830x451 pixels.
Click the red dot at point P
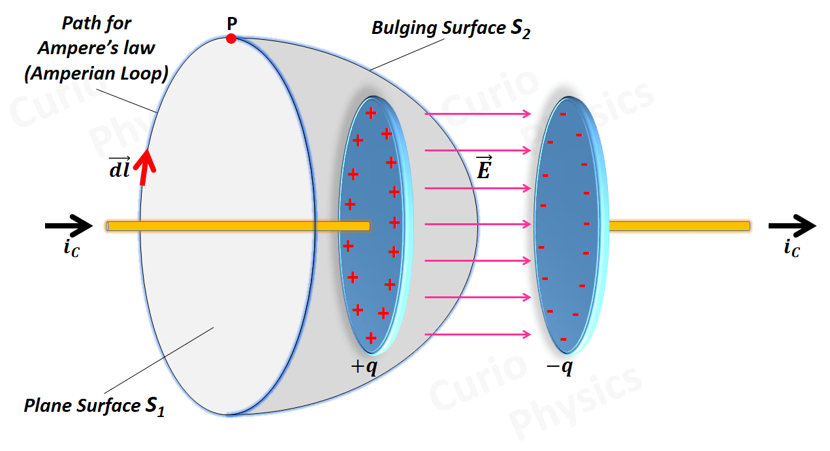pyautogui.click(x=231, y=39)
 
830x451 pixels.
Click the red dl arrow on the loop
pyautogui.click(x=146, y=168)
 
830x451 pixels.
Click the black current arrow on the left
pyautogui.click(x=69, y=226)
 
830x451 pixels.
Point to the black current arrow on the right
pyautogui.click(x=791, y=226)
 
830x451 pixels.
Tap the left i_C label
pyautogui.click(x=72, y=249)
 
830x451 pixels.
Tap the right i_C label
pyautogui.click(x=791, y=249)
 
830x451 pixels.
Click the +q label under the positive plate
pyautogui.click(x=364, y=367)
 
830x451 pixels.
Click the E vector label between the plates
pyautogui.click(x=483, y=168)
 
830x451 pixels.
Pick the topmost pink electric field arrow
pyautogui.click(x=478, y=114)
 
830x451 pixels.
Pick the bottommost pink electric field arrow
pyautogui.click(x=478, y=335)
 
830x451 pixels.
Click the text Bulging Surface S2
pyautogui.click(x=451, y=29)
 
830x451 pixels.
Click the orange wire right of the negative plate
pyautogui.click(x=679, y=226)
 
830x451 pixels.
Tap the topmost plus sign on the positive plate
pyautogui.click(x=371, y=113)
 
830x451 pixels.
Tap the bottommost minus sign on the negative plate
pyautogui.click(x=563, y=339)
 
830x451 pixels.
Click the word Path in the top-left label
pyautogui.click(x=79, y=23)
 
